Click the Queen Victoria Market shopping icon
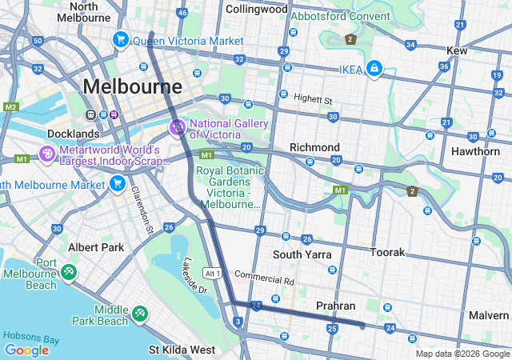tap(122, 39)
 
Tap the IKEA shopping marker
tap(374, 70)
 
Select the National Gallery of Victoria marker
tap(177, 127)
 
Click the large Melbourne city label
tap(132, 86)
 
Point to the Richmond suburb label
tap(314, 147)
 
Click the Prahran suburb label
tap(335, 306)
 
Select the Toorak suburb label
tap(387, 251)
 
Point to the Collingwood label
tap(256, 10)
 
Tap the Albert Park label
tap(95, 247)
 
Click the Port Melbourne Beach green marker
tap(68, 273)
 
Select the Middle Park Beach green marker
tap(140, 311)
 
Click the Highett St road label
tap(312, 99)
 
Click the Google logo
tap(26, 350)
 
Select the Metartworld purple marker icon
tap(46, 153)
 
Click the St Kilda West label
tap(182, 350)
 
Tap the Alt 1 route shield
tap(211, 273)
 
